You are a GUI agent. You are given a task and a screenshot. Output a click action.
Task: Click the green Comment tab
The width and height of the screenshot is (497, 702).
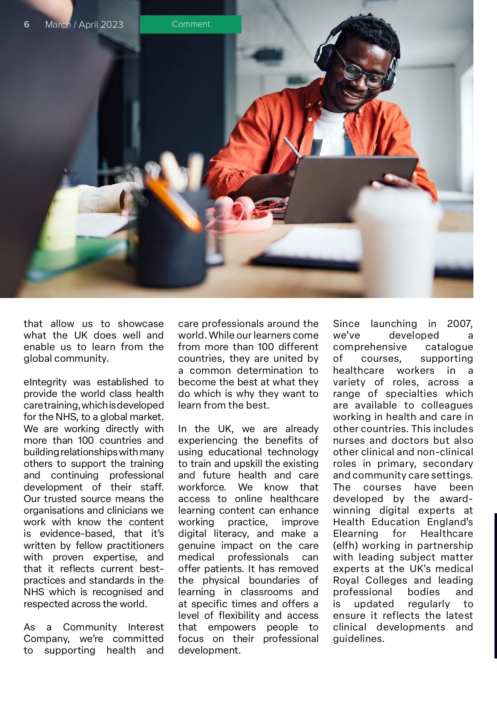[191, 24]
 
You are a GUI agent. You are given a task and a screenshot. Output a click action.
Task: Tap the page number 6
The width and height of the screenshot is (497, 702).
[27, 24]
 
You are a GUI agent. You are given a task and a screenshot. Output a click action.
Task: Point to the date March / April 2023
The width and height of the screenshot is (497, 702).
[84, 25]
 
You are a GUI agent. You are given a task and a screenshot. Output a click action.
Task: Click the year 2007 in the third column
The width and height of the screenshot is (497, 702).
[459, 324]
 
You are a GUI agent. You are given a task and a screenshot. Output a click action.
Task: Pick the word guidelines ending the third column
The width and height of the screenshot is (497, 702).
[358, 639]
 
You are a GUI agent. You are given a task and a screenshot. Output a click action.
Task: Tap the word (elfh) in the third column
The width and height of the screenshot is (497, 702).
[345, 546]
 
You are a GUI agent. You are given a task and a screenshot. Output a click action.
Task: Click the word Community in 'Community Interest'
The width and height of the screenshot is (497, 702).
[90, 627]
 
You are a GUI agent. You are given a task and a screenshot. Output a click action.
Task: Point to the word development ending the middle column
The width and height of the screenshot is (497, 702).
[209, 650]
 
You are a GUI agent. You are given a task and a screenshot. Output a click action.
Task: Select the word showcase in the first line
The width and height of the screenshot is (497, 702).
[140, 324]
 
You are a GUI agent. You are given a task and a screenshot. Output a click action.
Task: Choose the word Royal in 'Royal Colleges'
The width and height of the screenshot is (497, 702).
[347, 580]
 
